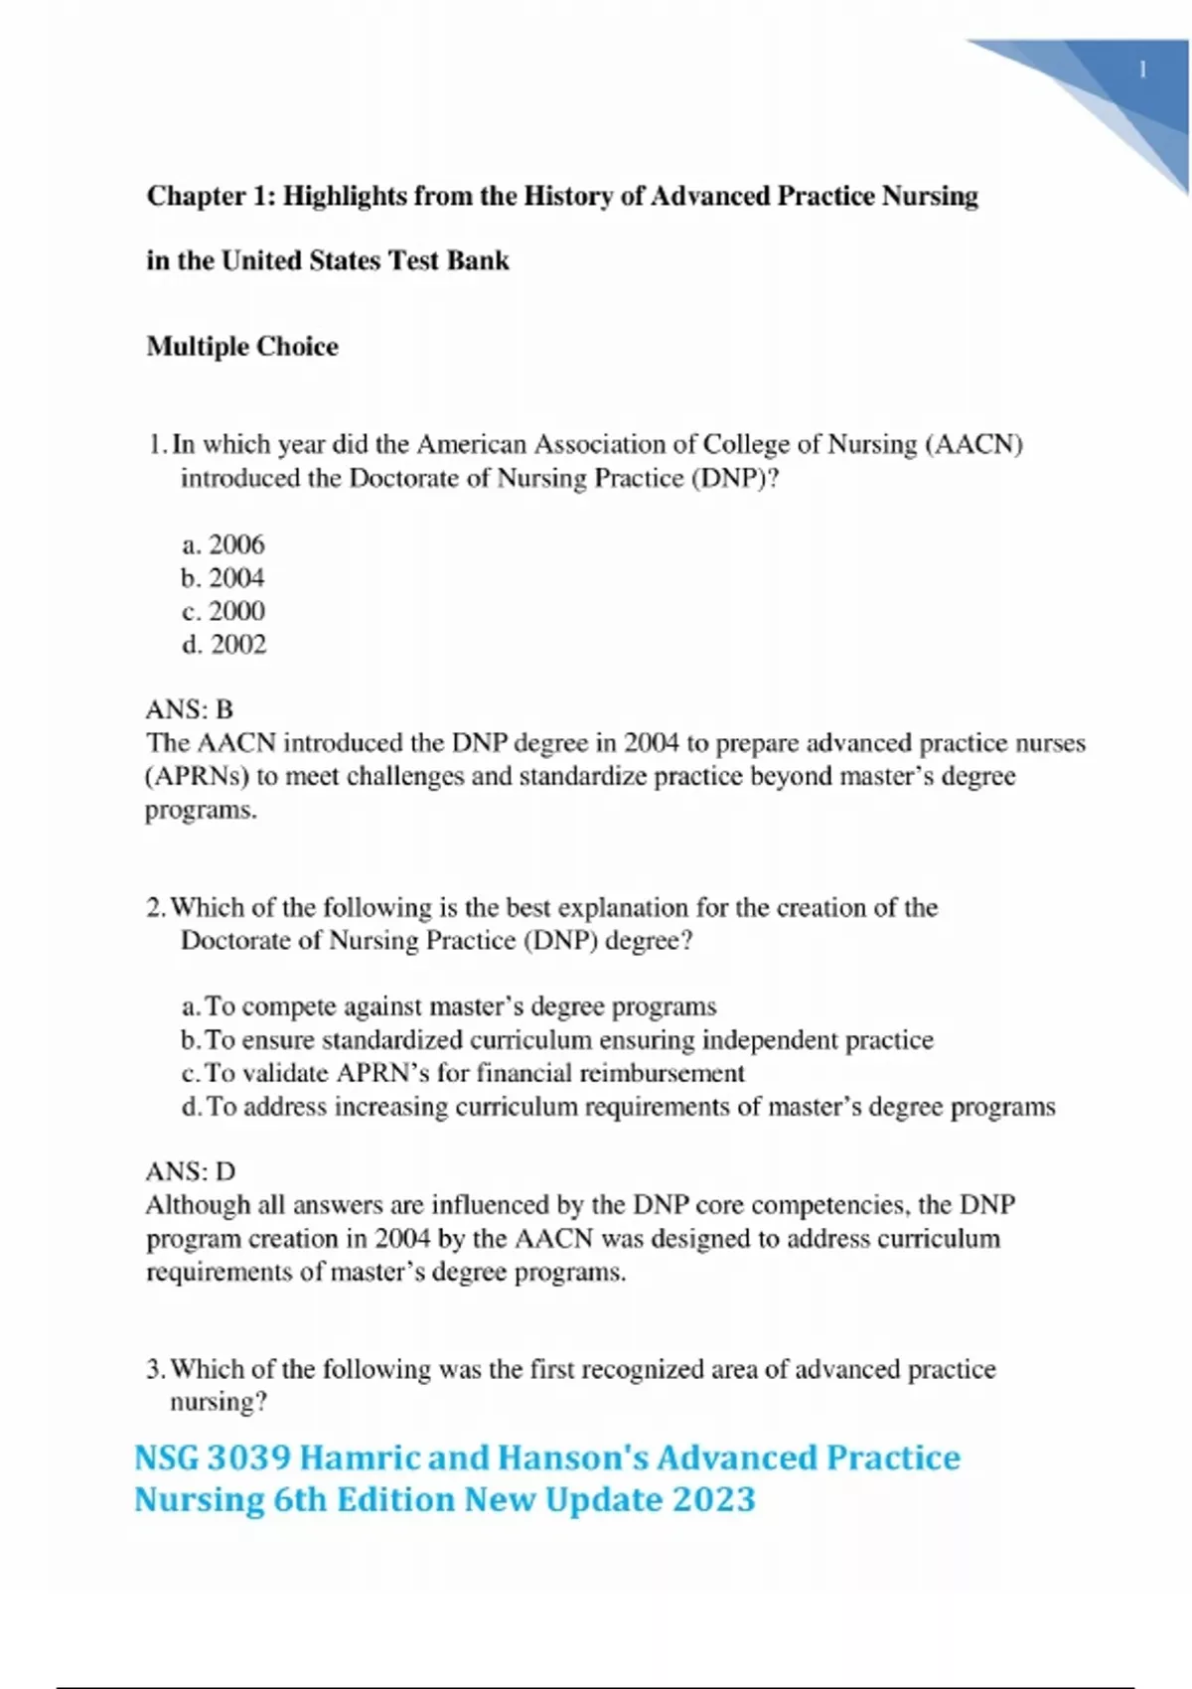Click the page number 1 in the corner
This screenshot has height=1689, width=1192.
[1142, 70]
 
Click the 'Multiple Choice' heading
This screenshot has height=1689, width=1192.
[242, 347]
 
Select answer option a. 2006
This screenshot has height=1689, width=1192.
[223, 544]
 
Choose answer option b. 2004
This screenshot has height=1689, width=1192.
[223, 577]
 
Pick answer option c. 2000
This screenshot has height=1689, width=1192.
[223, 611]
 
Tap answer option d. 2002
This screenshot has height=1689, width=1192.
[224, 644]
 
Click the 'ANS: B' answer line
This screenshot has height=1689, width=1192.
[189, 709]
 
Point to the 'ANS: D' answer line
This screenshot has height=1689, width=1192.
[190, 1171]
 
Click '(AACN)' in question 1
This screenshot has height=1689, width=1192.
[973, 444]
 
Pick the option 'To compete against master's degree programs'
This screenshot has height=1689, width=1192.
[449, 1006]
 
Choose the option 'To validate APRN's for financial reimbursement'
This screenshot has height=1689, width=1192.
[463, 1073]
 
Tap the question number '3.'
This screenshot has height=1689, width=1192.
[156, 1369]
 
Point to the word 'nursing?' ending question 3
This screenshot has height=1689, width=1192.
[219, 1402]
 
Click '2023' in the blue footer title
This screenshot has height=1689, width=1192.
[714, 1499]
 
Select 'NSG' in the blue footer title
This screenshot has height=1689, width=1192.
[166, 1458]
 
